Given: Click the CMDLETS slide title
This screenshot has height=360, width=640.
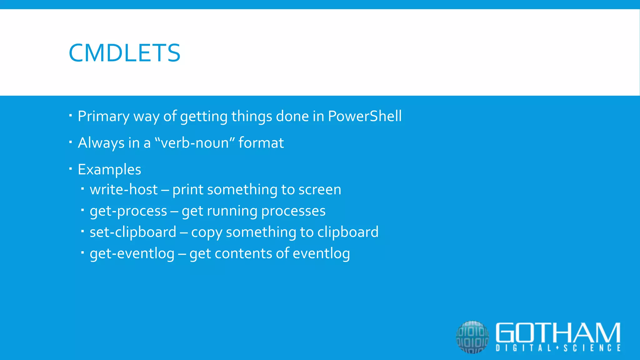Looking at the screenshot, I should click(124, 53).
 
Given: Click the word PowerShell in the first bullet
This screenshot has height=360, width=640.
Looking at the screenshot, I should click(364, 116).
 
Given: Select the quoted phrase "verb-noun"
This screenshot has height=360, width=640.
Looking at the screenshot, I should click(195, 143).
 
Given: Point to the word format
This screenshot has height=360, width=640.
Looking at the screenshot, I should click(261, 143).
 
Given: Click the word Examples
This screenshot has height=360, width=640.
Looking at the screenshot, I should click(109, 170).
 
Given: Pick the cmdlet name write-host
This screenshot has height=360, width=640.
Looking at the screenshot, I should click(124, 190).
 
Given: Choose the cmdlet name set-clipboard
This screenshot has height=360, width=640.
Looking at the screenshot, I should click(133, 232).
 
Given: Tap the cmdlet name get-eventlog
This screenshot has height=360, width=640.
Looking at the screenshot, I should click(132, 253).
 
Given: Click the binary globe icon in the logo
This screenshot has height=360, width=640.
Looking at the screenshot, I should click(472, 337).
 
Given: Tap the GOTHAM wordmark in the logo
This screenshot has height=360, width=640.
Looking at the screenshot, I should click(558, 333).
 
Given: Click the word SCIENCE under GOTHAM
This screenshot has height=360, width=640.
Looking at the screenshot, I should click(592, 348).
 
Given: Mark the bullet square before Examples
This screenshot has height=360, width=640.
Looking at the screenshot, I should click(71, 169).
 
